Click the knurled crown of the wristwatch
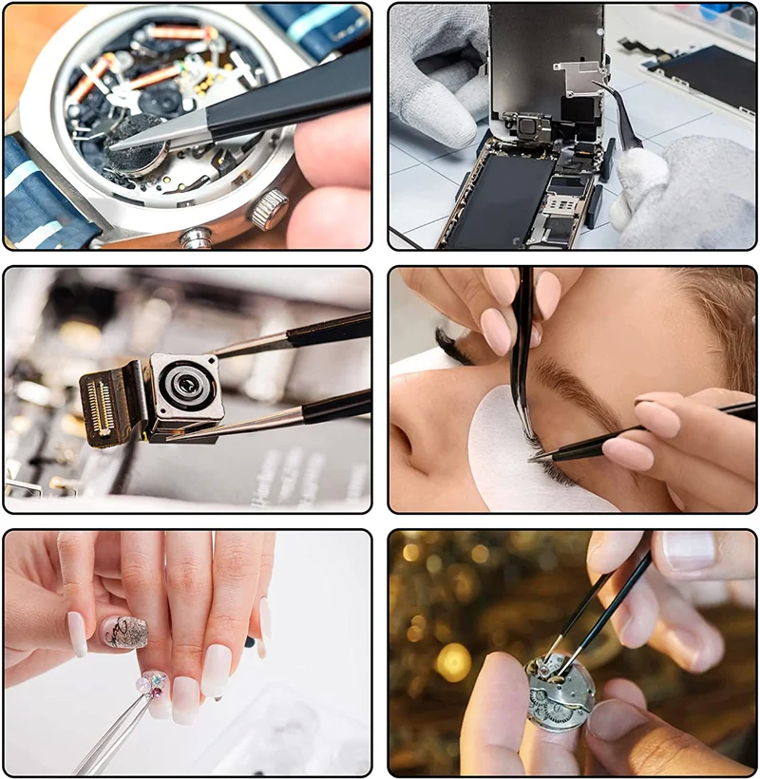coord(270,208)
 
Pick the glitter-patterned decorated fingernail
coord(125,632)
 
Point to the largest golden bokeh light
coord(453,661)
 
